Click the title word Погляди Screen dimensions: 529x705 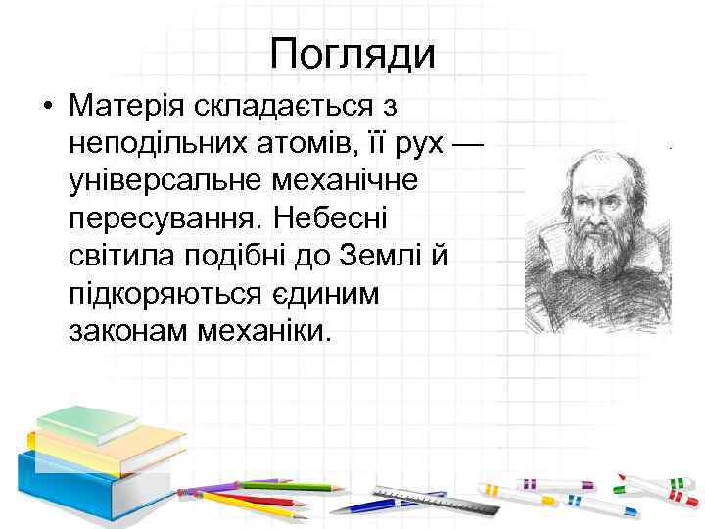coord(352,53)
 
